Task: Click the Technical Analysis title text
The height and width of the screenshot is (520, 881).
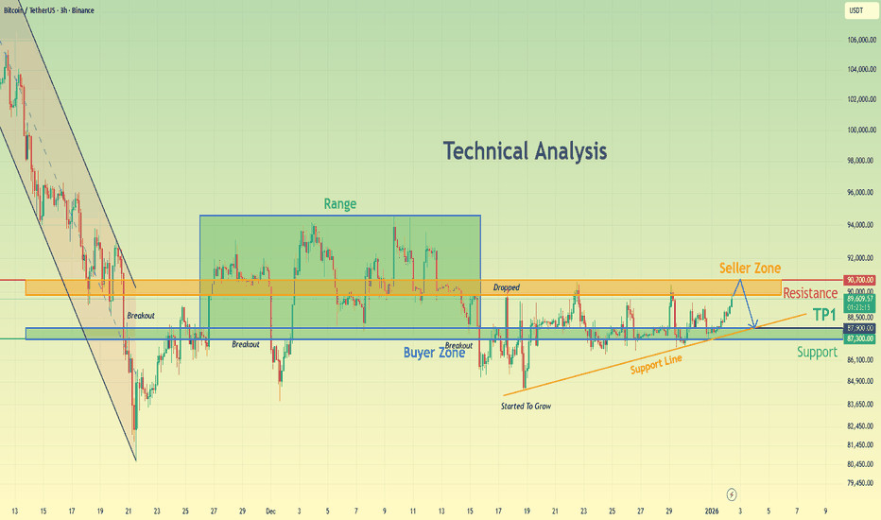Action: coord(525,150)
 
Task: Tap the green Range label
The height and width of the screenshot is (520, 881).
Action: coord(339,203)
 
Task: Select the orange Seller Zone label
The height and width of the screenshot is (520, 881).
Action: coord(750,269)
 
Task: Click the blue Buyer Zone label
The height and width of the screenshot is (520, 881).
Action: coord(434,353)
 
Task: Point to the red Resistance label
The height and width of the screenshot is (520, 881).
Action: coord(810,293)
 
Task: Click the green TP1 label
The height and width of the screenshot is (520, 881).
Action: coord(823,313)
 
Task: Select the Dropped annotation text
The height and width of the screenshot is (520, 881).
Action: coord(506,287)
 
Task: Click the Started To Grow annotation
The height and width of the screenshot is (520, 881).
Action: coord(526,406)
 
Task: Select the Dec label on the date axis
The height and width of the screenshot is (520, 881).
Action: coord(271,511)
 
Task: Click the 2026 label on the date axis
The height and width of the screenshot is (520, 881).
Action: coord(712,511)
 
